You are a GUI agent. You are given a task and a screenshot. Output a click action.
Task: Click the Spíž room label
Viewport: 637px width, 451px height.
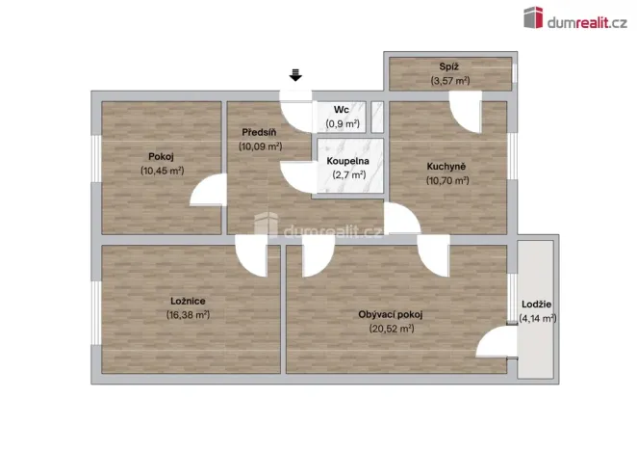point(448,67)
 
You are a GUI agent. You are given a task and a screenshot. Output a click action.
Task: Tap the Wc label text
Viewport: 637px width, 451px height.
point(341,111)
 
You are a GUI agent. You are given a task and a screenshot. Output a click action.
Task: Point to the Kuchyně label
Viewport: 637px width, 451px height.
point(447,166)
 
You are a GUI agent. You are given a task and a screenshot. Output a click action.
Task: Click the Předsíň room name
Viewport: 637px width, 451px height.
point(260,133)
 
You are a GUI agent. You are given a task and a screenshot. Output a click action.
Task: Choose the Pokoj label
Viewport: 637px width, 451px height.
point(162,156)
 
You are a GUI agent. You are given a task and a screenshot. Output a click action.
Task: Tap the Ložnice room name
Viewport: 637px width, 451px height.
point(188,301)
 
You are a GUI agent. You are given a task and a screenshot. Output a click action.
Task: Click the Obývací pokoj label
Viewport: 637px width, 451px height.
point(390,314)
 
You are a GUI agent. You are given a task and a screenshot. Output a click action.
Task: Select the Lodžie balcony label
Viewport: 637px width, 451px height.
point(537,305)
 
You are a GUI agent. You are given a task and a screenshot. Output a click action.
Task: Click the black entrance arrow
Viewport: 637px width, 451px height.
point(296,74)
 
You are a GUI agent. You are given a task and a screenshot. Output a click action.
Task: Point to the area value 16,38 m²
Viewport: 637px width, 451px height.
point(188,314)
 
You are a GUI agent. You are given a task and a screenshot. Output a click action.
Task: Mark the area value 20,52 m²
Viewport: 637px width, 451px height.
point(390,328)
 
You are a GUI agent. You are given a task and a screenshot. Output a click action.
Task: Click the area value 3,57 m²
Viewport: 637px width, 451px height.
point(448,81)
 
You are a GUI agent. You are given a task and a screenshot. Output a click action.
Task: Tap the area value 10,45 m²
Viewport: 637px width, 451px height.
point(162,170)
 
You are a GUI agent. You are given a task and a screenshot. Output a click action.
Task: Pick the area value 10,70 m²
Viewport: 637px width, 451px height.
point(447,179)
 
